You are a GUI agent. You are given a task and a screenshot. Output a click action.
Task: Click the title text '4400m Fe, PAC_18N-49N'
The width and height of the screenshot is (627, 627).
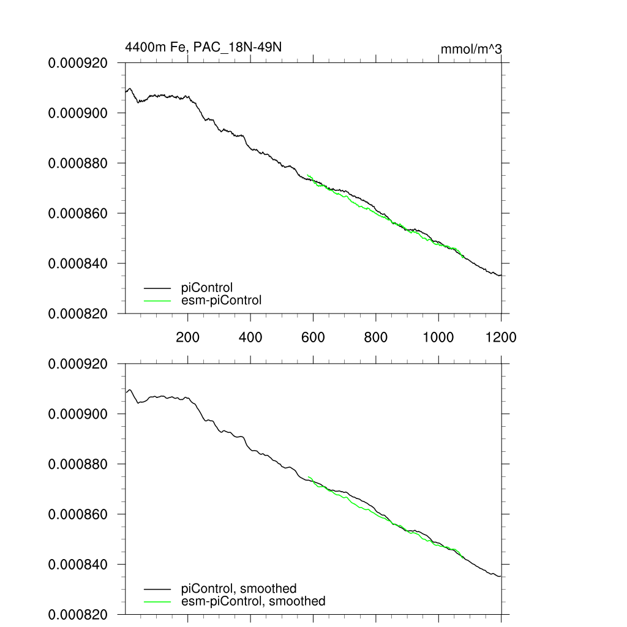[x=203, y=47]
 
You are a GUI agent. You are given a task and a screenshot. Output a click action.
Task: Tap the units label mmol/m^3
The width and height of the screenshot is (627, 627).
[x=471, y=48]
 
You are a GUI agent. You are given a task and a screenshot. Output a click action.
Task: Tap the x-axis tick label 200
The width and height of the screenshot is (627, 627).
[x=187, y=337]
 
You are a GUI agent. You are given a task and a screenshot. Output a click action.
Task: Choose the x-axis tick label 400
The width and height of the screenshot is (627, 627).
[x=250, y=337]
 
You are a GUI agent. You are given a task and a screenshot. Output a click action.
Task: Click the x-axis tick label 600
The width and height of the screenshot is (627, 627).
[x=313, y=337]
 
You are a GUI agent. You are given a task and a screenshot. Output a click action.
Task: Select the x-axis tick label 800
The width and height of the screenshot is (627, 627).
[x=375, y=337]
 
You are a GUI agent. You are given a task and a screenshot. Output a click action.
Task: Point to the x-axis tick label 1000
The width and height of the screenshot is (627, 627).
[x=438, y=337]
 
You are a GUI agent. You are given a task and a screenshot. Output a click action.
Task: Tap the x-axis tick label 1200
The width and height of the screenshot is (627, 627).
[x=500, y=337]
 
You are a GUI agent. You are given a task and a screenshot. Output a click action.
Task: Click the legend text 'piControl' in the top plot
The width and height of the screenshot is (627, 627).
[x=207, y=287]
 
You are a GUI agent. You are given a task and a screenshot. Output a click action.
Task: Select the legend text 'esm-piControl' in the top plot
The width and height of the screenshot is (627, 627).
[x=222, y=300]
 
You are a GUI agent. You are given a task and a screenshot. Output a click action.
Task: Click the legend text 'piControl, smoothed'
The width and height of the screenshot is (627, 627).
[x=239, y=588]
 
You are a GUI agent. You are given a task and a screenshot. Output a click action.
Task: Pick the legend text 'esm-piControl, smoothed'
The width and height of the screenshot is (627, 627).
[x=253, y=601]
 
